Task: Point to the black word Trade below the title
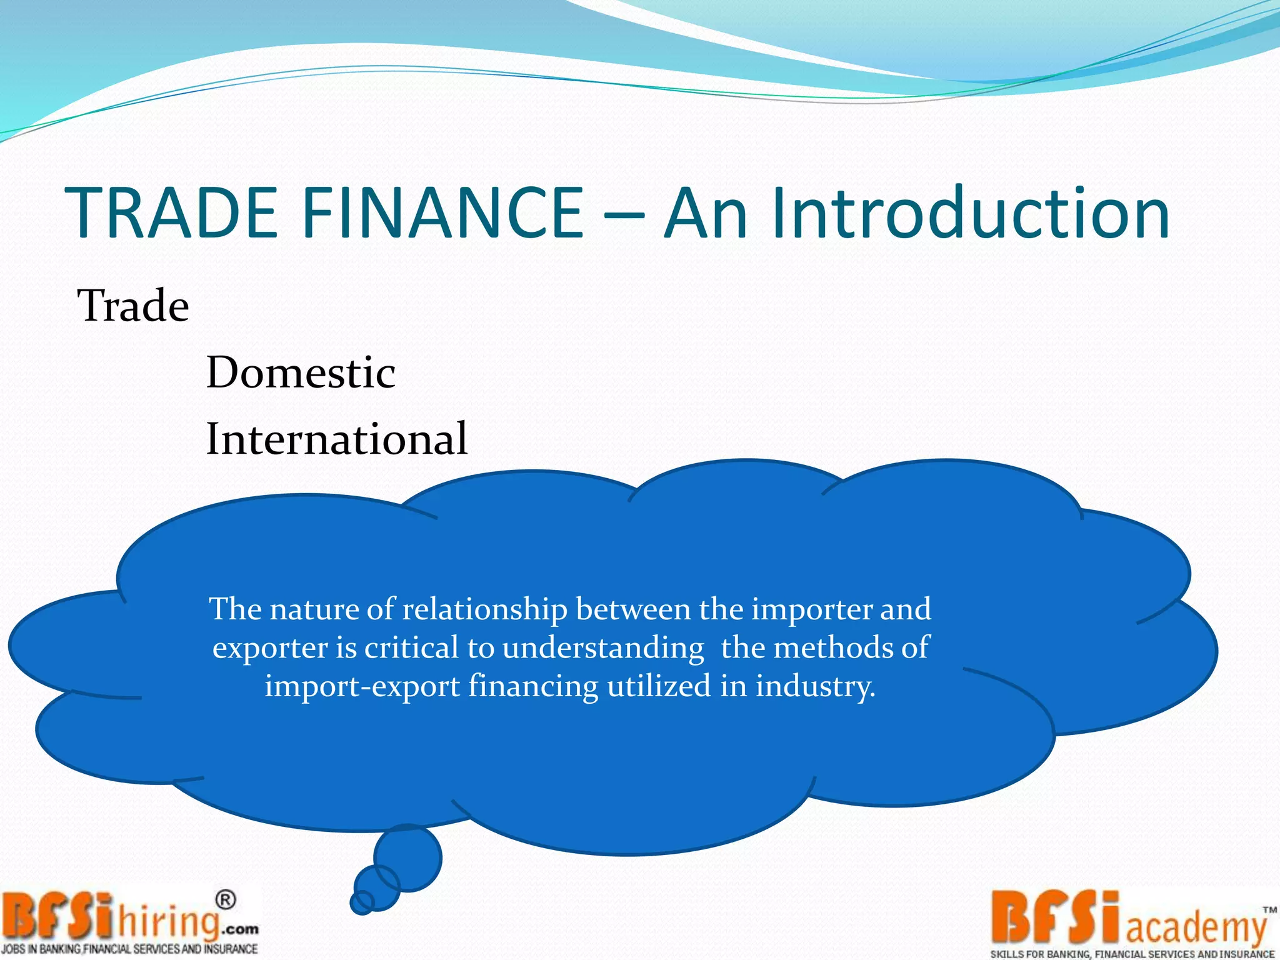pos(133,306)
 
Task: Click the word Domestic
pos(301,372)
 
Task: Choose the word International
pos(337,438)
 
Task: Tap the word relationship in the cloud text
pos(484,609)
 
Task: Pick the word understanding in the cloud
pos(603,648)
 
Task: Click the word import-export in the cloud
pos(362,687)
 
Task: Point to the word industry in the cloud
pos(815,687)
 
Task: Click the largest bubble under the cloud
pos(407,857)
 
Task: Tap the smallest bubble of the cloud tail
pos(361,902)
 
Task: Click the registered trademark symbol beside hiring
pos(226,900)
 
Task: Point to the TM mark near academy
pos(1269,911)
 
